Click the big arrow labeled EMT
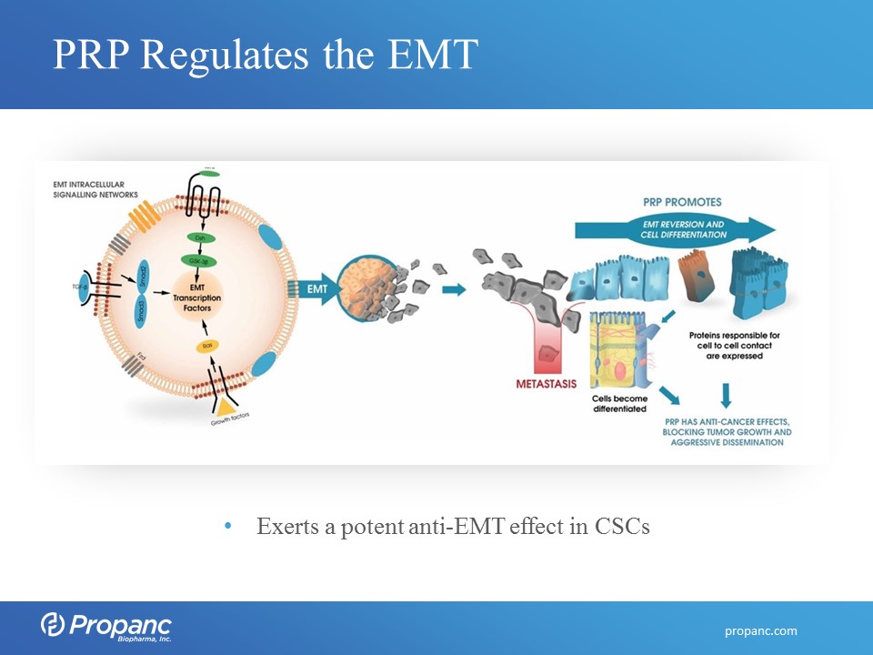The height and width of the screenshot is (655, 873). pos(312,290)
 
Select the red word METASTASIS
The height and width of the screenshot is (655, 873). pos(546,384)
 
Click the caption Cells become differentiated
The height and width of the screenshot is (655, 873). pos(620,403)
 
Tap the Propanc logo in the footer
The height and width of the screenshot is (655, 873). pos(106,626)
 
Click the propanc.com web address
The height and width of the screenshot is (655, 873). pos(760,630)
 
